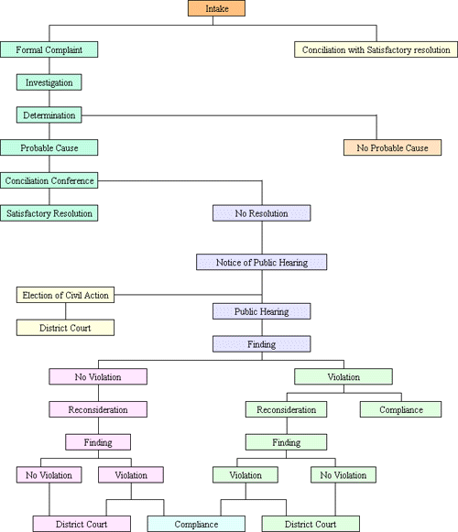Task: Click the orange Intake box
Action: click(215, 9)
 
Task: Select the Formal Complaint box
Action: click(49, 49)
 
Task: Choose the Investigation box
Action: click(49, 82)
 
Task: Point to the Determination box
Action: click(49, 114)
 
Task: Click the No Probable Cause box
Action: click(392, 147)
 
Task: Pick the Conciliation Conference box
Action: click(49, 180)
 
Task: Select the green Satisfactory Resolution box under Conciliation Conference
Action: click(49, 212)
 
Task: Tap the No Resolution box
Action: click(262, 212)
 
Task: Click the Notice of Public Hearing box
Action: click(262, 262)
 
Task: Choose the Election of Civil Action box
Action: click(65, 295)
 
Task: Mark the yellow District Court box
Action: click(65, 327)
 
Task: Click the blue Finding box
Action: click(262, 344)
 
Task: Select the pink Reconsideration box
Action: click(97, 409)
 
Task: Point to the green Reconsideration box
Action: click(287, 409)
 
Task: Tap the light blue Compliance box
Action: click(196, 524)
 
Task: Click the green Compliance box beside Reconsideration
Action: click(401, 409)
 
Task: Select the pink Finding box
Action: click(97, 442)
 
